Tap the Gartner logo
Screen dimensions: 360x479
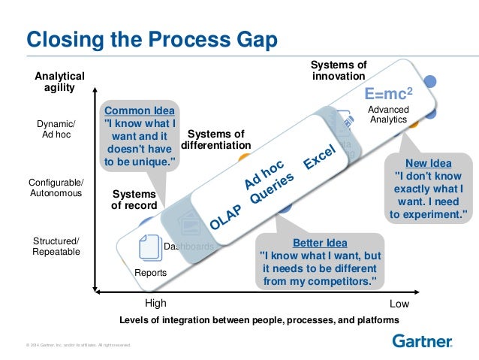422,341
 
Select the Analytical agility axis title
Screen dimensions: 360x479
60,82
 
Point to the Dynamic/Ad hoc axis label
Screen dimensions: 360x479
57,129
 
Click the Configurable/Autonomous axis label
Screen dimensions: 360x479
57,189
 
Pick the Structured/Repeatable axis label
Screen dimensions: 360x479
56,246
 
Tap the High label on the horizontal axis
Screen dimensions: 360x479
155,304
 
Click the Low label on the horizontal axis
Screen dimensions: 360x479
399,304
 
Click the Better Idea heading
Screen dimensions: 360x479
320,243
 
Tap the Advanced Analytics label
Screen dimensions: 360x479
388,114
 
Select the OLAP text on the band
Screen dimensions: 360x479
224,217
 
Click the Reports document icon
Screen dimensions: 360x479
150,249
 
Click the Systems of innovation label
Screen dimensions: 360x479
338,71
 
